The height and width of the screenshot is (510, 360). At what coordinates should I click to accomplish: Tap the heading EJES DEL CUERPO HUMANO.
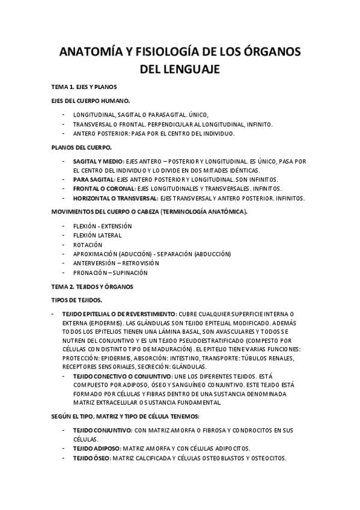click(x=90, y=101)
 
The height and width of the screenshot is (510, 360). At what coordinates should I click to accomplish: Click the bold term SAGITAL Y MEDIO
click(x=98, y=161)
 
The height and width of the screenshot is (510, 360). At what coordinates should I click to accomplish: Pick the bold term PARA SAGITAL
click(x=93, y=180)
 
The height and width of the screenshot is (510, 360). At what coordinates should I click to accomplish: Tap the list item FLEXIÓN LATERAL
click(x=97, y=236)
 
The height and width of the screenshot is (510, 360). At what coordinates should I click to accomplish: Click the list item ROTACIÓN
click(x=88, y=245)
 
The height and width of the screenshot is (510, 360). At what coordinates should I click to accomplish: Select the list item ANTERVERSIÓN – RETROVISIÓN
click(x=116, y=263)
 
